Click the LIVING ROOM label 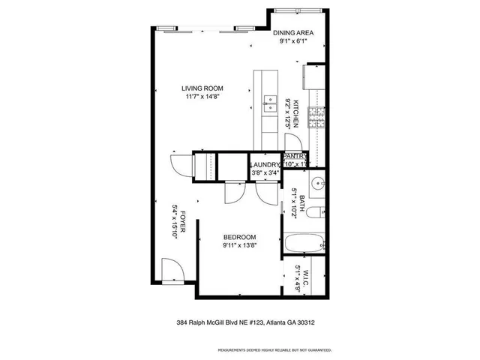pyautogui.click(x=207, y=88)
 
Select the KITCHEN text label pyautogui.click(x=296, y=112)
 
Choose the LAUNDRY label pyautogui.click(x=264, y=165)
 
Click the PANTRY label pyautogui.click(x=295, y=156)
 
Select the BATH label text pyautogui.click(x=302, y=201)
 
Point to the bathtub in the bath pyautogui.click(x=304, y=243)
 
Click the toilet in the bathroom pyautogui.click(x=316, y=211)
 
